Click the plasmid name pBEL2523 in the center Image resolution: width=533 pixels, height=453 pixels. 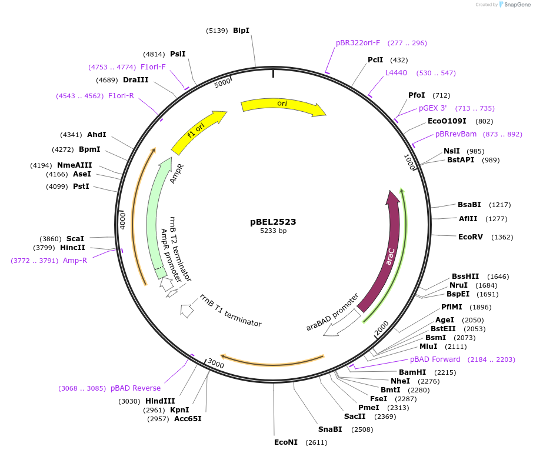point(273,222)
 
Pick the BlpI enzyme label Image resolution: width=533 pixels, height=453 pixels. point(241,30)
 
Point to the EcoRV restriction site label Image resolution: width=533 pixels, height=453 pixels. point(470,237)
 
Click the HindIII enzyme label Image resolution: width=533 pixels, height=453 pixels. point(160,401)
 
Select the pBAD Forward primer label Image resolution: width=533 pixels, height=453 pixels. point(435,359)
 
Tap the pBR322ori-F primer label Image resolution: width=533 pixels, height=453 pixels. point(358,43)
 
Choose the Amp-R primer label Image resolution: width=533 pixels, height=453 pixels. point(75,260)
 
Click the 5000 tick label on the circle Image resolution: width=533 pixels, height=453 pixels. point(222,83)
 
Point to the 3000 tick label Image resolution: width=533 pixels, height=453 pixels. point(216,364)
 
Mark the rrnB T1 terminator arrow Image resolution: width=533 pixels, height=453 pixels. point(188,311)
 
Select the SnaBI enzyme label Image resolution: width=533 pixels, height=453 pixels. point(330,429)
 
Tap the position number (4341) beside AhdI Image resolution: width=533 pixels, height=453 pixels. point(71,135)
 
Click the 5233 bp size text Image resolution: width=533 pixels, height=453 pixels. point(273,231)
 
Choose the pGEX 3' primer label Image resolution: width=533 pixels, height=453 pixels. point(432,108)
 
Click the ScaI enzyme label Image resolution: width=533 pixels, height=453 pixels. point(75,238)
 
